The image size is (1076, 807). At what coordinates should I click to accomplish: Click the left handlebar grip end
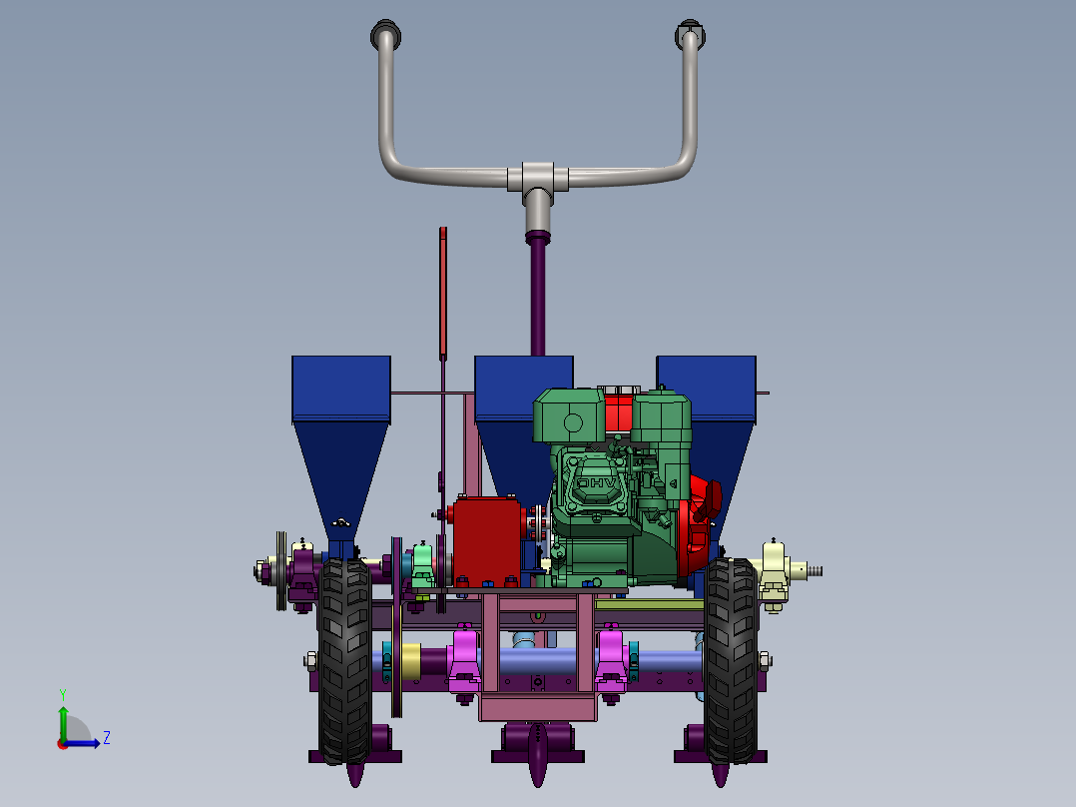(385, 34)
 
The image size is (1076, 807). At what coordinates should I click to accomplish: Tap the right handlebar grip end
(691, 34)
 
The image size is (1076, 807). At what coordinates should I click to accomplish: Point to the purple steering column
(538, 296)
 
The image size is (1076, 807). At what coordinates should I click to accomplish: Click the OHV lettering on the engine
(596, 483)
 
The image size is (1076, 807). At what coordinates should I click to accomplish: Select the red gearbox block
(486, 542)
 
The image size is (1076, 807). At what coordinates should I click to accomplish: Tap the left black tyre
(344, 661)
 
